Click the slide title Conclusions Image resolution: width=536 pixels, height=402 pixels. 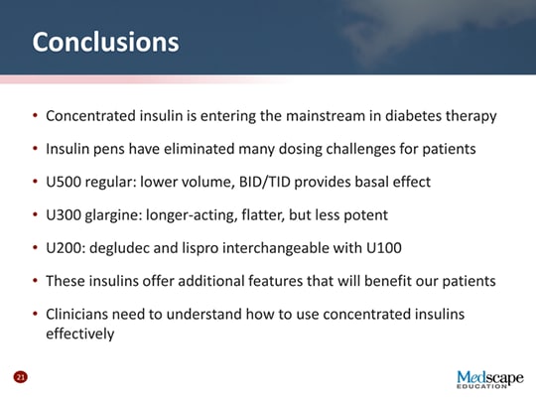pos(105,43)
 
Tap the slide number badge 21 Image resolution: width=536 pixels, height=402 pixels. pos(19,377)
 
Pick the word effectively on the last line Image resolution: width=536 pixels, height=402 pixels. pos(80,334)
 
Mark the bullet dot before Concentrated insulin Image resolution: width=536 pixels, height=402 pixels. pos(35,116)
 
